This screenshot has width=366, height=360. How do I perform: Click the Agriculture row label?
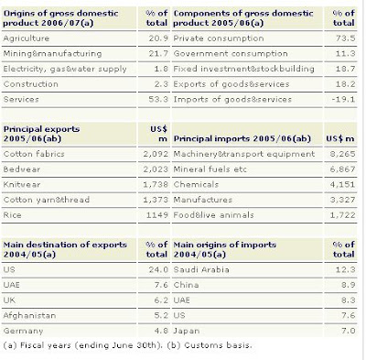pyautogui.click(x=27, y=38)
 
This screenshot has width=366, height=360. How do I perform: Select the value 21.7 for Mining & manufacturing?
pyautogui.click(x=158, y=54)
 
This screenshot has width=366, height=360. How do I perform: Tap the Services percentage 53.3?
pyautogui.click(x=158, y=100)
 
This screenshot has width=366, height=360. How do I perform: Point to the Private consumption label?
pyautogui.click(x=219, y=38)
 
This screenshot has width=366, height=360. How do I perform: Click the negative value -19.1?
pyautogui.click(x=344, y=100)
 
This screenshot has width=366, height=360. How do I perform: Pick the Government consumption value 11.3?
pyautogui.click(x=346, y=54)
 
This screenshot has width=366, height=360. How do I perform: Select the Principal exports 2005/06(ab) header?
pyautogui.click(x=41, y=134)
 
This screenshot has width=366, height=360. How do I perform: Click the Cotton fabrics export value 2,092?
pyautogui.click(x=156, y=154)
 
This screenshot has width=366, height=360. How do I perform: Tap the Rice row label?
pyautogui.click(x=12, y=215)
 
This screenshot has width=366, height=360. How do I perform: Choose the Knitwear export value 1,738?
pyautogui.click(x=156, y=184)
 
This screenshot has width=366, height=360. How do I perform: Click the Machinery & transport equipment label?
pyautogui.click(x=244, y=154)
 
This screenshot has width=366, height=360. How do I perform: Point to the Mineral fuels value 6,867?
pyautogui.click(x=343, y=169)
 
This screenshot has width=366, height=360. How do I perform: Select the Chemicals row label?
pyautogui.click(x=196, y=184)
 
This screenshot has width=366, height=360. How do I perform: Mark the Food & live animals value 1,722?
pyautogui.click(x=343, y=215)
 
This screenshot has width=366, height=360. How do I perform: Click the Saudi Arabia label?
pyautogui.click(x=201, y=269)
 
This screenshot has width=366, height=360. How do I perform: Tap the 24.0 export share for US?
pyautogui.click(x=158, y=269)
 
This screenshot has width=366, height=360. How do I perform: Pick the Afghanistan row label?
pyautogui.click(x=29, y=315)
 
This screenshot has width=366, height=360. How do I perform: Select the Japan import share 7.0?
pyautogui.click(x=349, y=331)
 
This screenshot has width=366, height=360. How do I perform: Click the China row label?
pyautogui.click(x=186, y=285)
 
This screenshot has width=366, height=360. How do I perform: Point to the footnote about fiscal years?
pyautogui.click(x=127, y=345)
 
